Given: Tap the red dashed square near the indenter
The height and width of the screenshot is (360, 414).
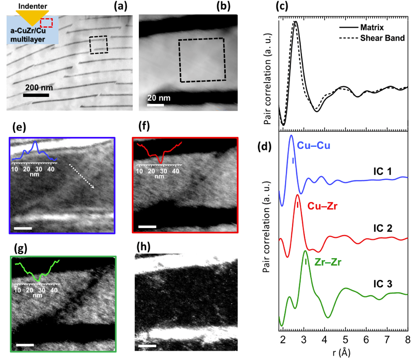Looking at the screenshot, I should (x=46, y=23).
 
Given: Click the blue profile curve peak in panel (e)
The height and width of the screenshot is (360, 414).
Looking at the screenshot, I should (x=36, y=144).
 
